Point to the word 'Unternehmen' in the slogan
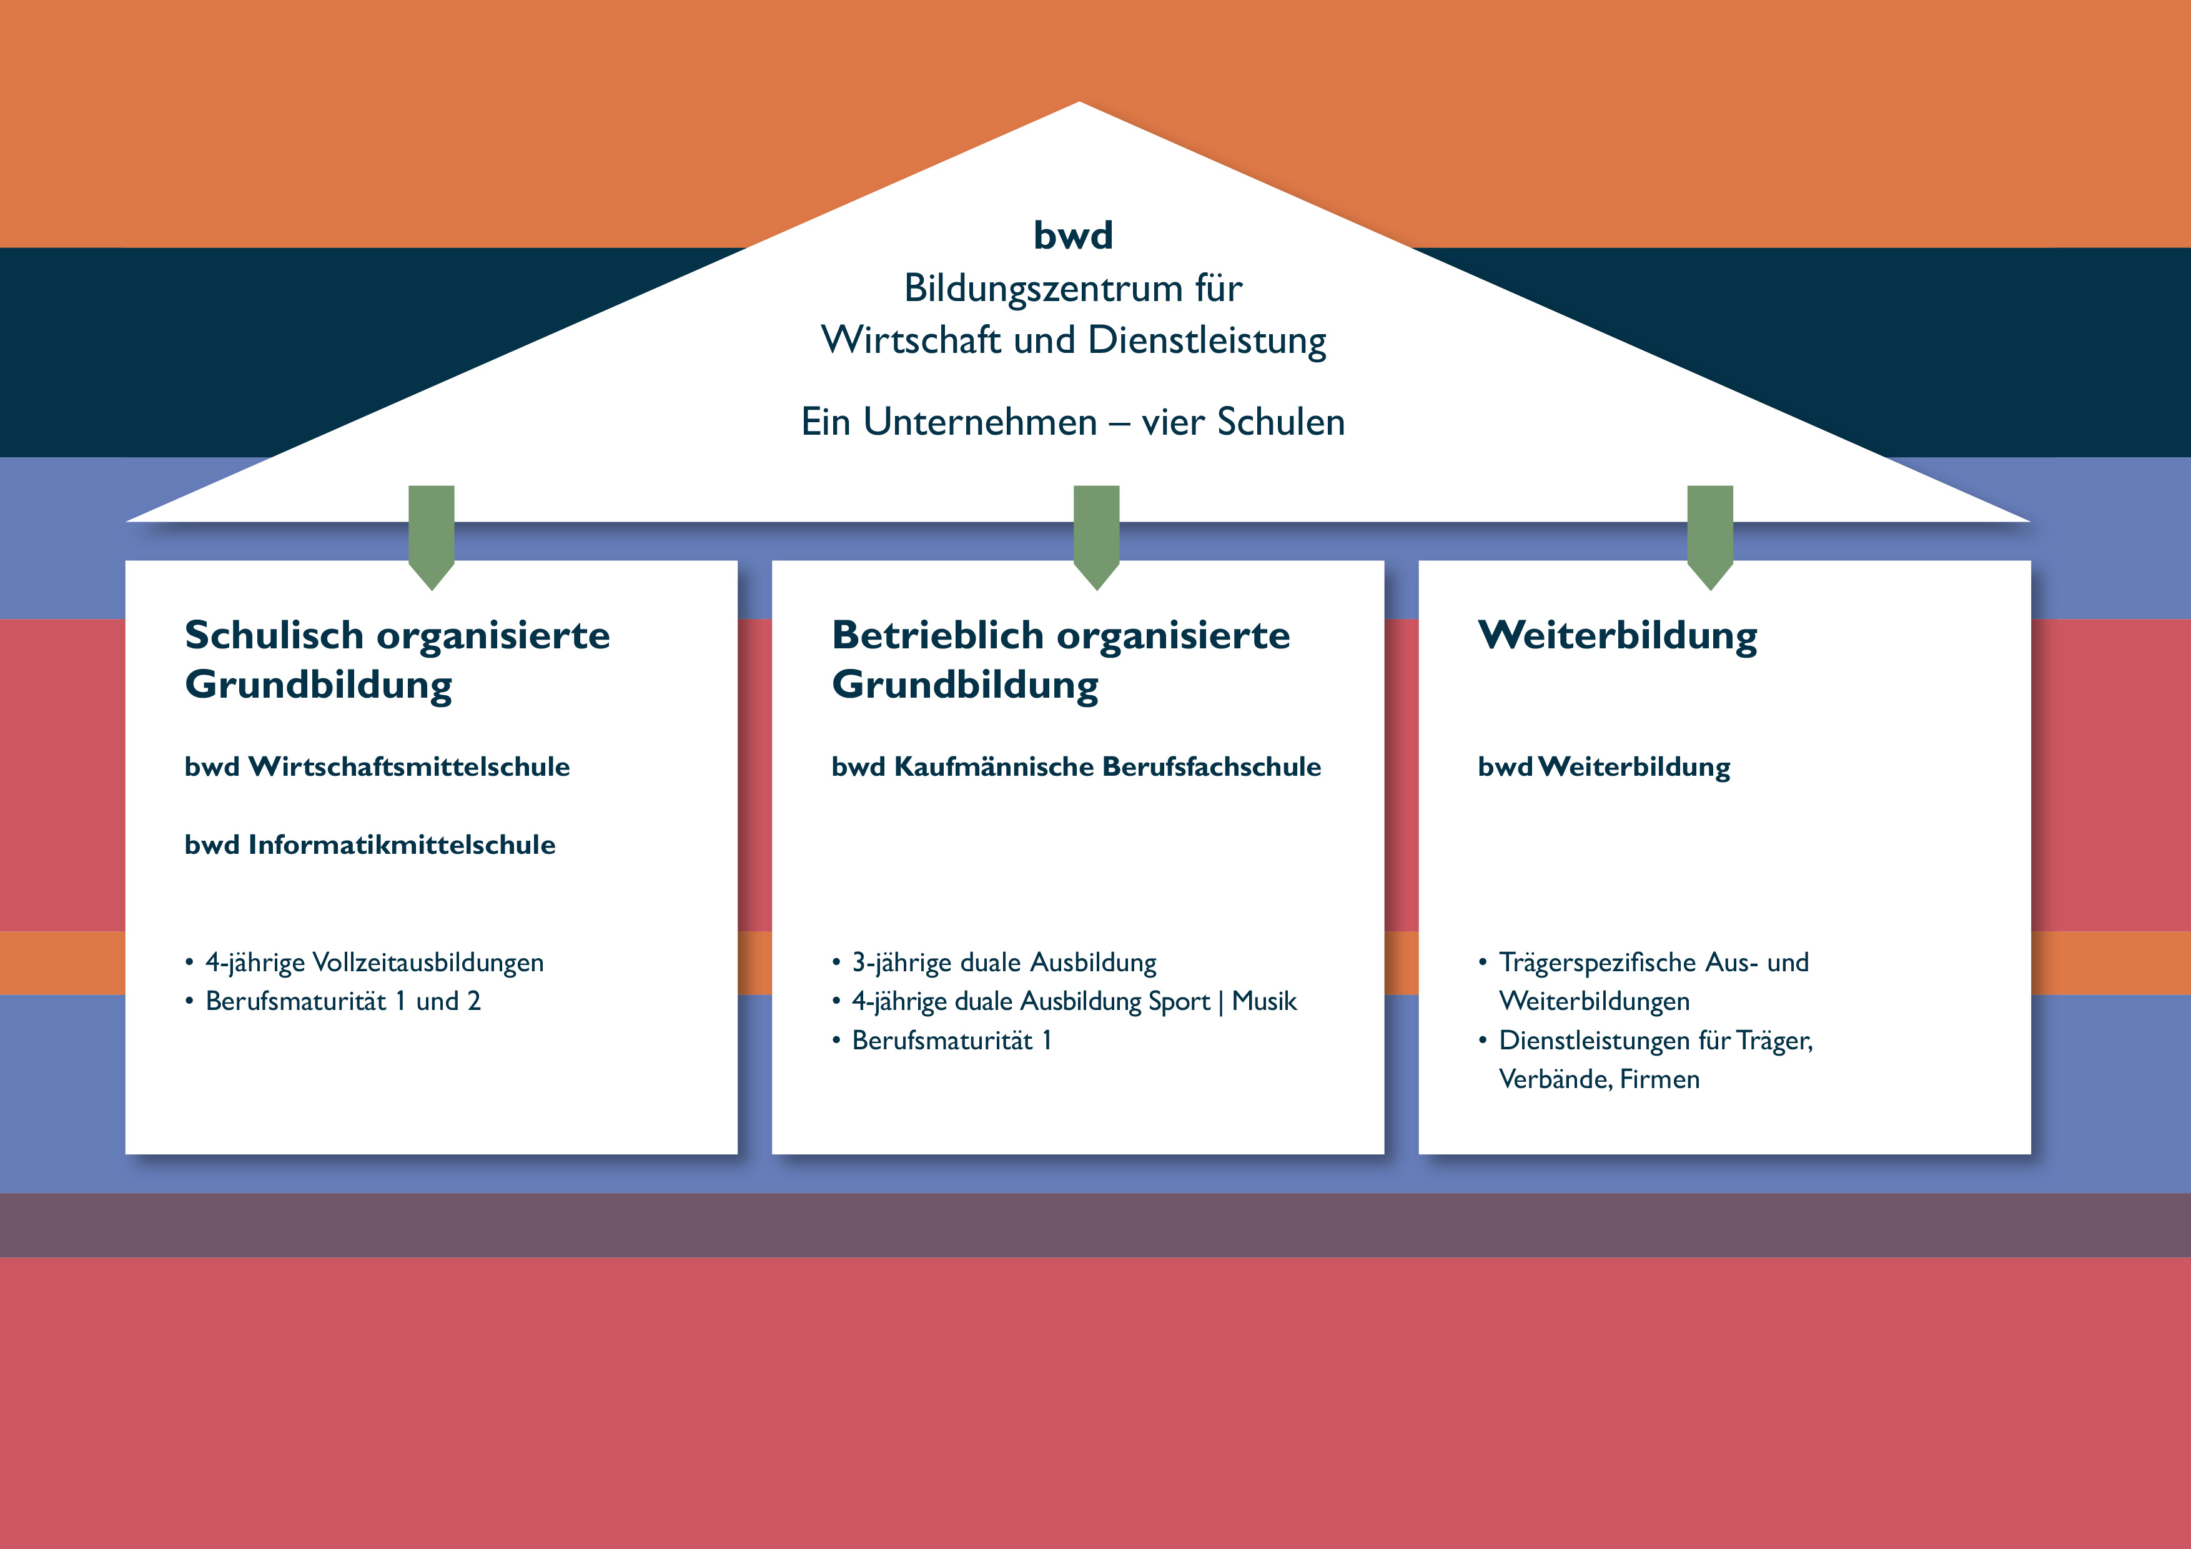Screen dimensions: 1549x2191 [x=980, y=422]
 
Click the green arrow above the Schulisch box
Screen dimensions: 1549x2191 [x=432, y=535]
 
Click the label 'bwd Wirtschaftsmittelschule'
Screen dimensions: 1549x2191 [x=377, y=766]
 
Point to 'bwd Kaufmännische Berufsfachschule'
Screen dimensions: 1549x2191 [x=1076, y=766]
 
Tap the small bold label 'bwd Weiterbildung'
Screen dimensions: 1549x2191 [x=1603, y=766]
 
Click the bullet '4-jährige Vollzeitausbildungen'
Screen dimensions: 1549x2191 [x=374, y=962]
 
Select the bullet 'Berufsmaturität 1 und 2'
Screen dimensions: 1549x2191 [x=343, y=1001]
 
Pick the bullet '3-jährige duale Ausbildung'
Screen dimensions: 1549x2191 [x=1004, y=962]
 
